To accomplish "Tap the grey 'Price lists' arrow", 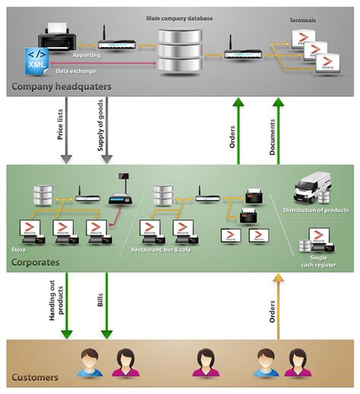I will pyautogui.click(x=67, y=137).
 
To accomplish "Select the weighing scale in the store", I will pyautogui.click(x=119, y=194).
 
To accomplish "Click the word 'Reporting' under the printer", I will pyautogui.click(x=86, y=55).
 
